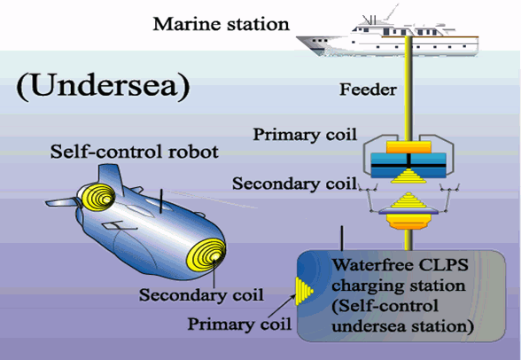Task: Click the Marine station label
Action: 221,24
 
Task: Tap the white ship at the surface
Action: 387,35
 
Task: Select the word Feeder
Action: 368,90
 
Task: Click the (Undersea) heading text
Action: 103,86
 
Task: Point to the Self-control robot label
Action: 135,152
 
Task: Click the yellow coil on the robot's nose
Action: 206,255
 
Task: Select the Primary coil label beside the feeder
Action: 305,135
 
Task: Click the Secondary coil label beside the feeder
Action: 294,184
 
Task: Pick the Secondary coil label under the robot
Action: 201,295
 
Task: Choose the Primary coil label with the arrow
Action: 239,324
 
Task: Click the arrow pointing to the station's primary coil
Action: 282,306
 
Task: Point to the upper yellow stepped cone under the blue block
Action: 408,176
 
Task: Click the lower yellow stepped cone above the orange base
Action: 408,200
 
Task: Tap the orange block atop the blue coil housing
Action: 408,147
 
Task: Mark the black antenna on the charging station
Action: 342,239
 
